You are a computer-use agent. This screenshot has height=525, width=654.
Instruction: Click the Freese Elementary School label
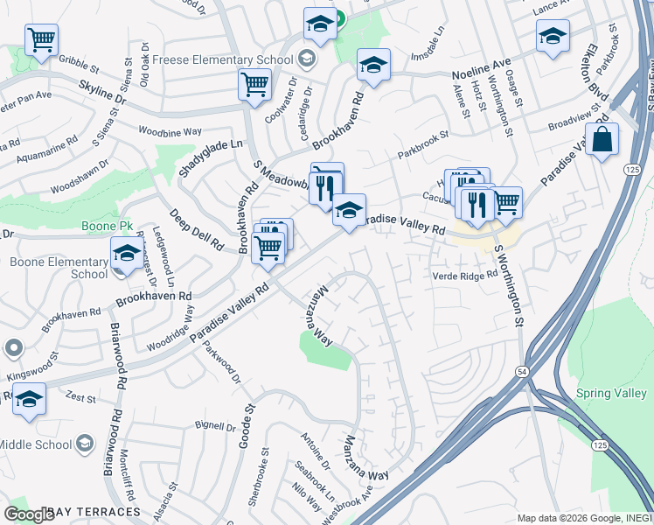click(x=223, y=60)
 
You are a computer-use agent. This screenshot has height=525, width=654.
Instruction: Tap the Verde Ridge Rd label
click(x=465, y=276)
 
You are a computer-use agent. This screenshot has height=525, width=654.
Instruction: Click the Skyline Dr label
click(x=102, y=94)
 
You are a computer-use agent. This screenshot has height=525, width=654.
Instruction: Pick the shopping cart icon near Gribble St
click(x=41, y=38)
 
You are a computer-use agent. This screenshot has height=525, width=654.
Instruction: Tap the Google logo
click(x=29, y=514)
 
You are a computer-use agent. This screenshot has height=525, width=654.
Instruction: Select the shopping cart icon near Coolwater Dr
click(x=254, y=85)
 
